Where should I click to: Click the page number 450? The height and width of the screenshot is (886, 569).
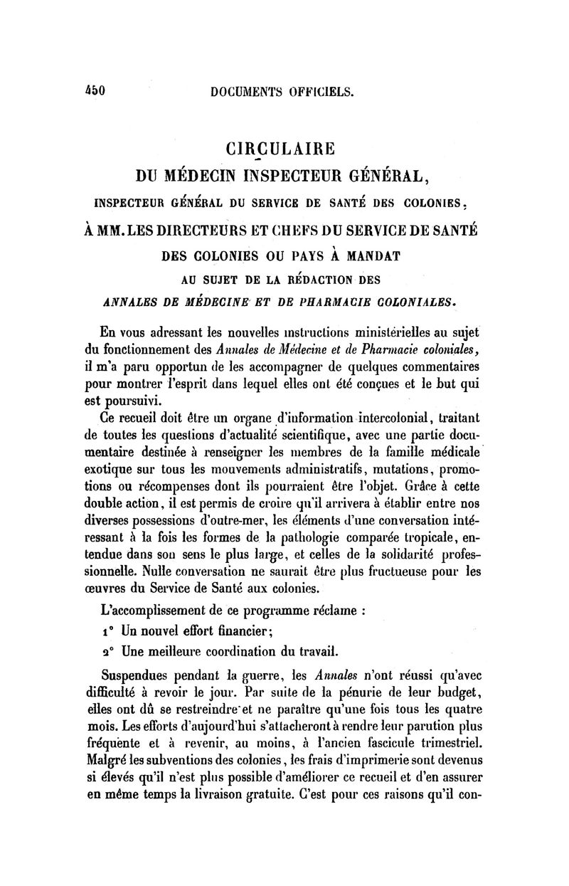point(93,91)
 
